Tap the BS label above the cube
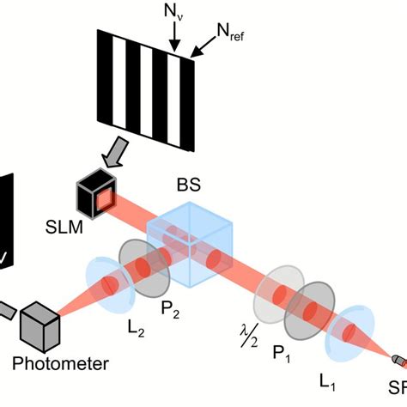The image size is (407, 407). [x=187, y=185]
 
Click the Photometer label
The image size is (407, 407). [x=60, y=363]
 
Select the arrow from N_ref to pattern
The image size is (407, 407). [x=204, y=50]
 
